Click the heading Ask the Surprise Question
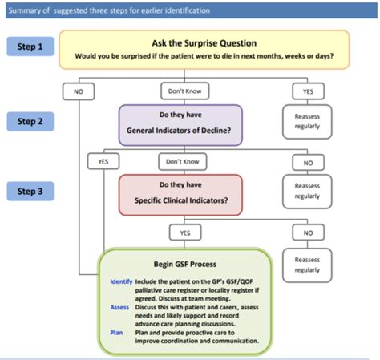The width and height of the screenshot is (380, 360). point(204,42)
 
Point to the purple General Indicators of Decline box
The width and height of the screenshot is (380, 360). point(180,124)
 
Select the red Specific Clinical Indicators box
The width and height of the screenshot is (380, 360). point(180,194)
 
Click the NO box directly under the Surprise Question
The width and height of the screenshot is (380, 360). point(79,91)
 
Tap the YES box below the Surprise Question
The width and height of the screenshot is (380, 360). point(306,91)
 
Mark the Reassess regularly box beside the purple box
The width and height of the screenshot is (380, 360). point(306,120)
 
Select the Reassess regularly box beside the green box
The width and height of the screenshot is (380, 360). point(306,265)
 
